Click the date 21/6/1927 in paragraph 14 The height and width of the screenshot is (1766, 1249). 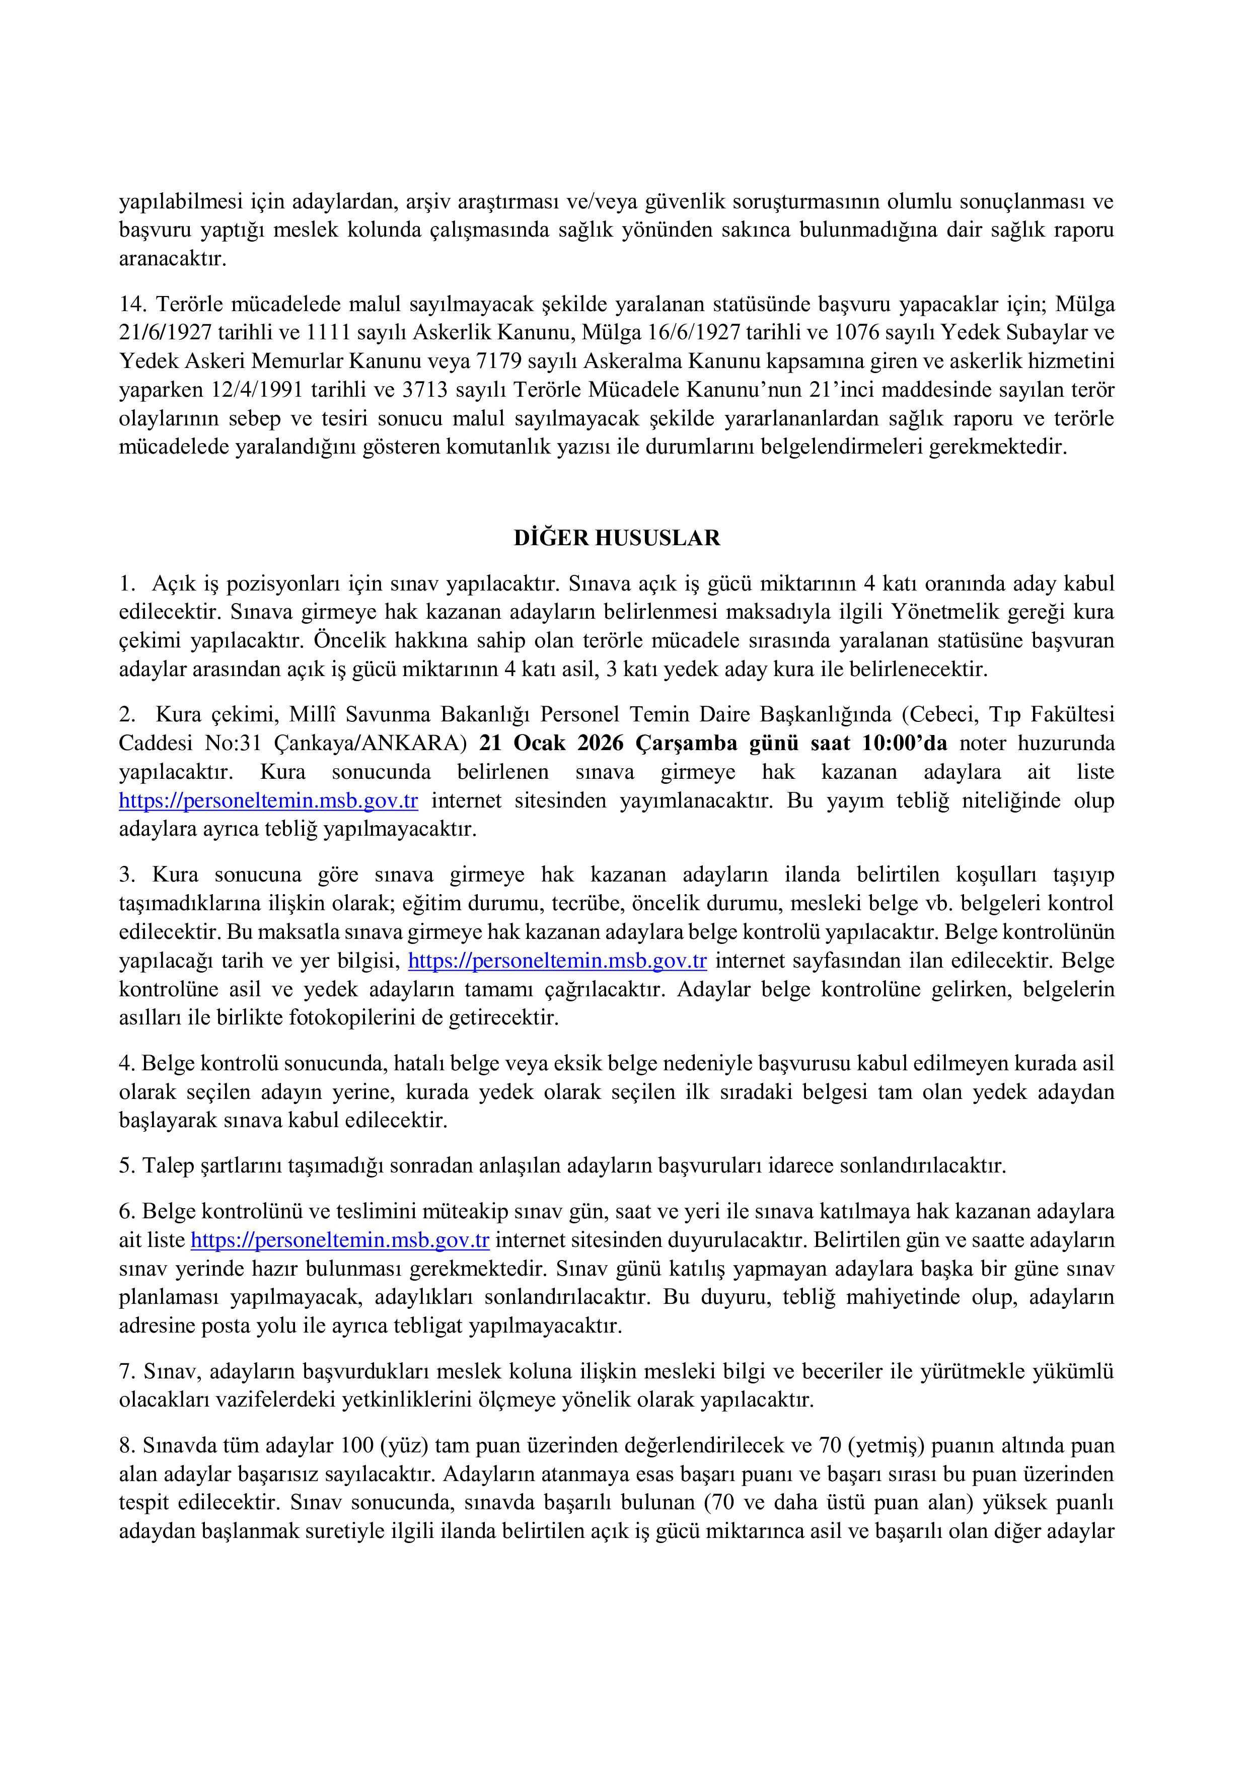click(165, 333)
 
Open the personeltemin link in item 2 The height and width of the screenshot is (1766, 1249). click(268, 801)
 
